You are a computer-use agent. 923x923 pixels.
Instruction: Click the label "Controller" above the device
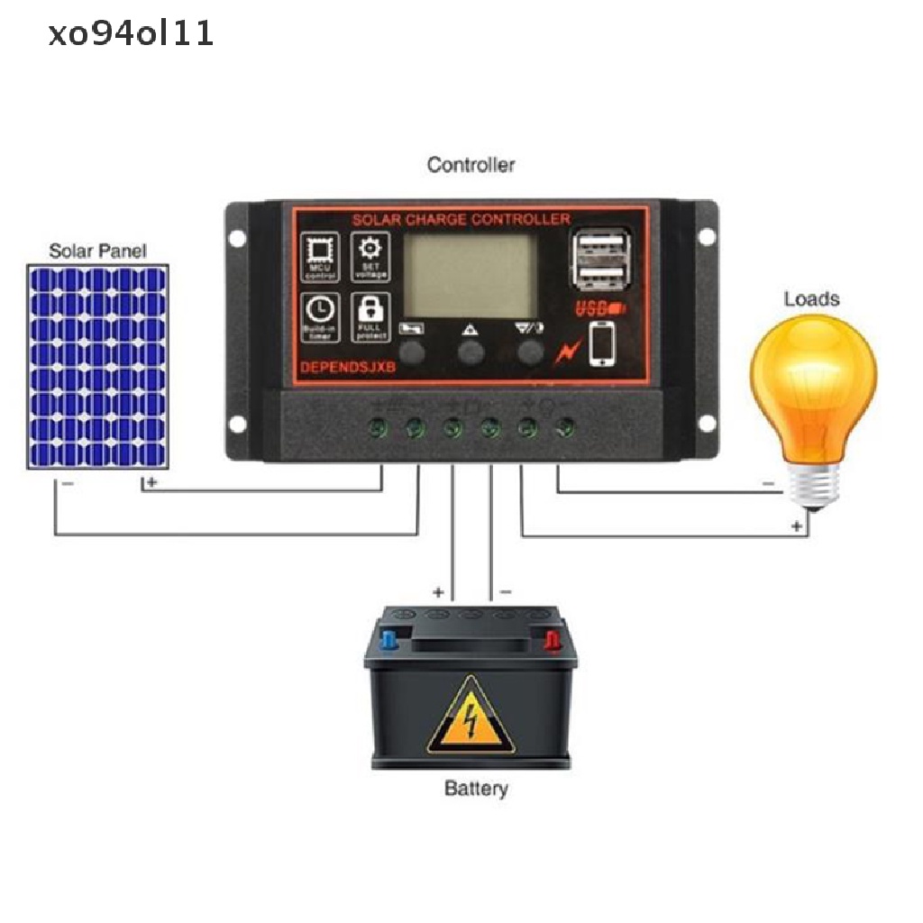click(x=471, y=165)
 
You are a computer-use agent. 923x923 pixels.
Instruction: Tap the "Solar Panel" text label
click(x=96, y=251)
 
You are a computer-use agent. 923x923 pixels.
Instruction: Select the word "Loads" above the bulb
click(x=811, y=298)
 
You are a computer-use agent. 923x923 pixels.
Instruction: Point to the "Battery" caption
click(x=476, y=789)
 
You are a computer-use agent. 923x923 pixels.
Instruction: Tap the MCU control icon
click(x=319, y=255)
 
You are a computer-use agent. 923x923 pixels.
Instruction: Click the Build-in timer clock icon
click(x=319, y=315)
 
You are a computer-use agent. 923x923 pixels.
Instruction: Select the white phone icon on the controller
click(x=601, y=344)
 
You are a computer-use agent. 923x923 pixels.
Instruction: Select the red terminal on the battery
click(x=551, y=641)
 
